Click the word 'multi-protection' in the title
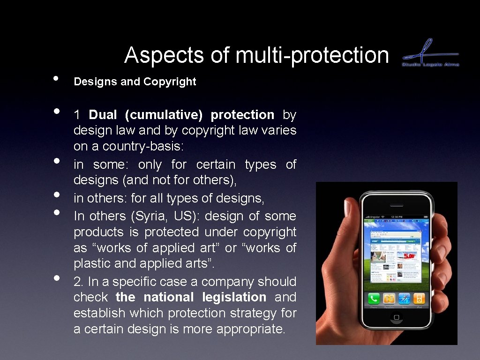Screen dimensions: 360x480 pos(312,55)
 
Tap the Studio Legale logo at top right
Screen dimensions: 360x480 pos(430,52)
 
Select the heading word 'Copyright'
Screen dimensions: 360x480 pos(170,82)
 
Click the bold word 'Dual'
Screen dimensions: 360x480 pos(103,115)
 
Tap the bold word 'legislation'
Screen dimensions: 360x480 pos(234,297)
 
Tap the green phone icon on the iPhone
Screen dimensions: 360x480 pos(374,298)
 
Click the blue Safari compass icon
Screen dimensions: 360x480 pos(404,299)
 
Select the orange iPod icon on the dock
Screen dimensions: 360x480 pos(419,299)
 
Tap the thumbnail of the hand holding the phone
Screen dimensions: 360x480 pos(386,263)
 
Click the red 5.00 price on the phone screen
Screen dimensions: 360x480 pos(409,256)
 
